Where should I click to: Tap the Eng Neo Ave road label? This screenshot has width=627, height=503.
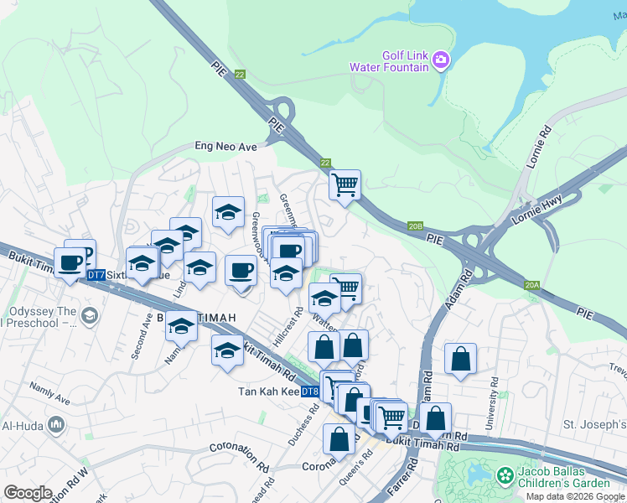coord(225,146)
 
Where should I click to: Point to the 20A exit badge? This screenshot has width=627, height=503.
coord(531,286)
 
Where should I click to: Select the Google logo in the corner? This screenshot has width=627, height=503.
coord(28,492)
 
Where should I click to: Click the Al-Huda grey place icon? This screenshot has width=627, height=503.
coord(57,425)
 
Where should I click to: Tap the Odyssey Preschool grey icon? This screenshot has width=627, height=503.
coord(91,316)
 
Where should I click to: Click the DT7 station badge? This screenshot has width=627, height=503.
coord(96,275)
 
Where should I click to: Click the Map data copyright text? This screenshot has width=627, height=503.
coord(575,496)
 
